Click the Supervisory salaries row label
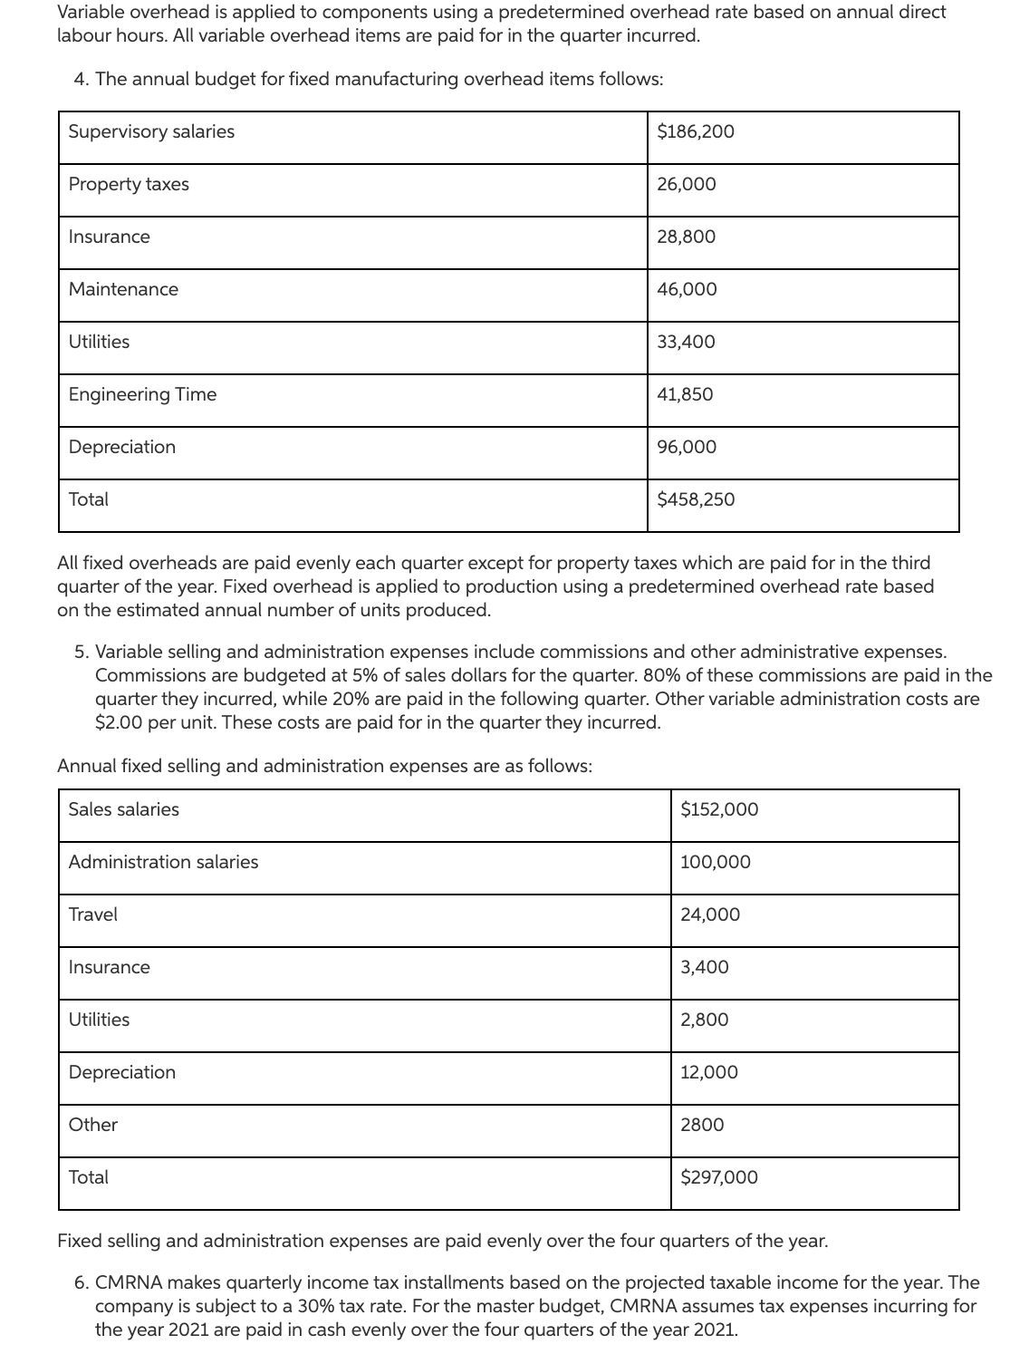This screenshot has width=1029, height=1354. [151, 131]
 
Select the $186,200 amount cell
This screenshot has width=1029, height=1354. [696, 131]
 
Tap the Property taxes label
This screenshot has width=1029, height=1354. [129, 184]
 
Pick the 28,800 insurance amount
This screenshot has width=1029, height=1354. [686, 237]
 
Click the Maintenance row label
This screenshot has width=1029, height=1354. [123, 289]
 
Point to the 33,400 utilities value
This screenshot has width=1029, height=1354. [686, 342]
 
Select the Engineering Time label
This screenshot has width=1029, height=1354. [142, 394]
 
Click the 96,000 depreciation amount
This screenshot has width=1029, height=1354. [687, 447]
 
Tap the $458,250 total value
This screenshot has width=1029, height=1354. [696, 499]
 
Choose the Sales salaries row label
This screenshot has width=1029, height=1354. [124, 809]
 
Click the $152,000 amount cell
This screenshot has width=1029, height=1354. [719, 809]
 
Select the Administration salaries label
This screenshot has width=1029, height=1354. [163, 862]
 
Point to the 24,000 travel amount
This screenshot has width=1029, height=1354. [710, 914]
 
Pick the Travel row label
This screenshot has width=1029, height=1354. [93, 914]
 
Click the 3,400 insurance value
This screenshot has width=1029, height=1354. [705, 967]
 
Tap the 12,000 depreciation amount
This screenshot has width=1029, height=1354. [709, 1072]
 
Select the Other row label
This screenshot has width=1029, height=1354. [93, 1125]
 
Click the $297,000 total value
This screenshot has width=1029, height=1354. [719, 1177]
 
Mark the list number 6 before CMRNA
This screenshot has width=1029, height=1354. [82, 1283]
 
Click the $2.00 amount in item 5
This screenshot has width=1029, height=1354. [116, 722]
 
